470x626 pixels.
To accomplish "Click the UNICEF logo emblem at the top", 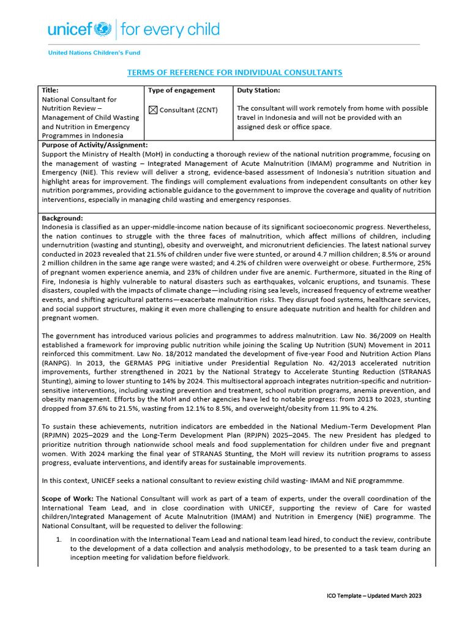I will pyautogui.click(x=103, y=29).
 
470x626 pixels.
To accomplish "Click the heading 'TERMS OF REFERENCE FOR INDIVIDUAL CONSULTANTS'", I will pyautogui.click(x=234, y=73).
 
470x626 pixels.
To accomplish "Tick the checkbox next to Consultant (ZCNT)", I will pyautogui.click(x=153, y=110).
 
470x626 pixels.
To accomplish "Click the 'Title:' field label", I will pyautogui.click(x=50, y=90).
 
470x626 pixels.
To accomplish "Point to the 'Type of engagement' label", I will pyautogui.click(x=182, y=90).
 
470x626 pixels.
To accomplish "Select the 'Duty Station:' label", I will pyautogui.click(x=258, y=90).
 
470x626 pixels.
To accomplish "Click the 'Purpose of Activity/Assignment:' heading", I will pyautogui.click(x=94, y=145).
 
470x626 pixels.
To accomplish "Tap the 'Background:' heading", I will pyautogui.click(x=62, y=218).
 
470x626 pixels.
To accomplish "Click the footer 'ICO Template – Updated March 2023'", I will pyautogui.click(x=373, y=595).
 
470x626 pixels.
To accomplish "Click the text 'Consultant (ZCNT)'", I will pyautogui.click(x=188, y=110).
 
